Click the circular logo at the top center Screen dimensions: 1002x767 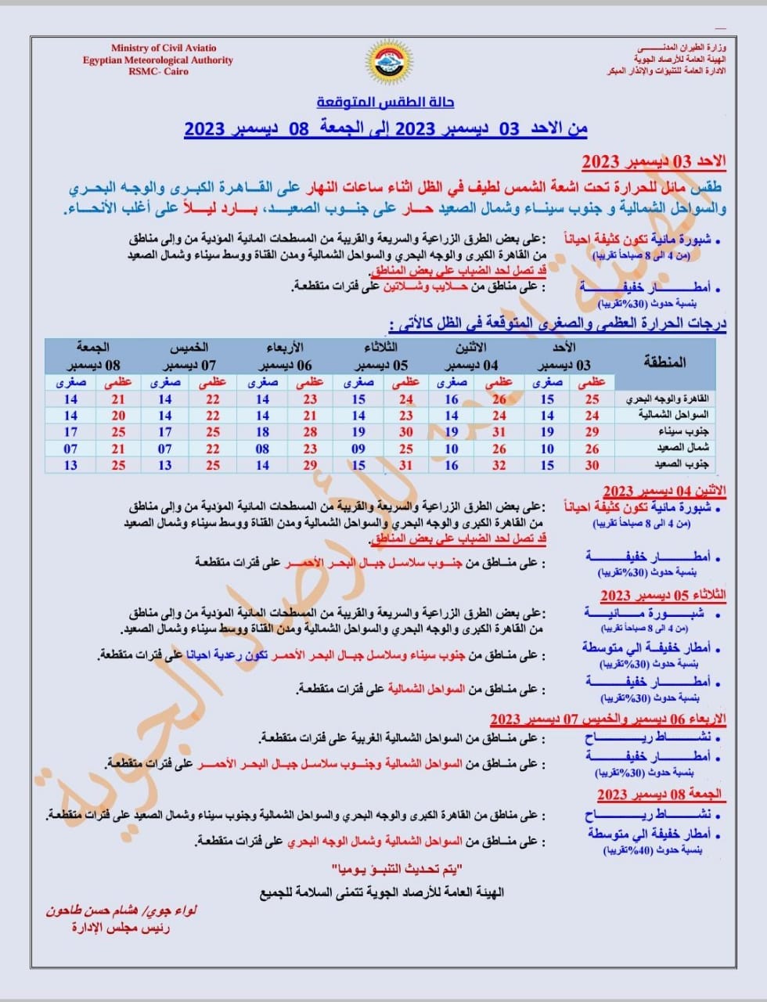[384, 61]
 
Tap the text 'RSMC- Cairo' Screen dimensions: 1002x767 [158, 71]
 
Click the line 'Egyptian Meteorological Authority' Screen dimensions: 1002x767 [158, 60]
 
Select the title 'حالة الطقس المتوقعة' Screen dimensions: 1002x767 [385, 103]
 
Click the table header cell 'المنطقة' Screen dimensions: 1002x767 [664, 362]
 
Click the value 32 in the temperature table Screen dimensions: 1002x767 [499, 465]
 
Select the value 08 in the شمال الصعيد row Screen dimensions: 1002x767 [262, 449]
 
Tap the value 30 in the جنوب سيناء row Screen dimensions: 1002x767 [405, 432]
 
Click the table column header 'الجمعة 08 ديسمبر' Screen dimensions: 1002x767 [92, 356]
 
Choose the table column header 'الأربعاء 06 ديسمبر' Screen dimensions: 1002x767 [284, 356]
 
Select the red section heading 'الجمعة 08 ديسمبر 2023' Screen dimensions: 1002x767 [659, 795]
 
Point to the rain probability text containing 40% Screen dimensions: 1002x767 [653, 850]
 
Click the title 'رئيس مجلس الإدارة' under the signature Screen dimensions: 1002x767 [121, 928]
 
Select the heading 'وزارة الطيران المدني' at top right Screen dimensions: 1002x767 [680, 49]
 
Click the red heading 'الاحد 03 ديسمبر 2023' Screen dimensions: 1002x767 [653, 162]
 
